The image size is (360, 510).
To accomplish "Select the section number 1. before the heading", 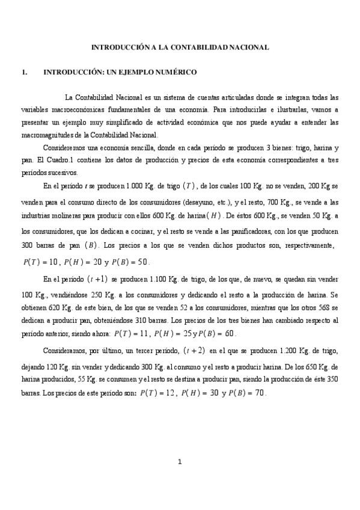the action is (x=24, y=72).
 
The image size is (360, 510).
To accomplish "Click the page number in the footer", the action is (x=180, y=461).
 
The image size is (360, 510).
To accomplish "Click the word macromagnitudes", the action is (x=54, y=135).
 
